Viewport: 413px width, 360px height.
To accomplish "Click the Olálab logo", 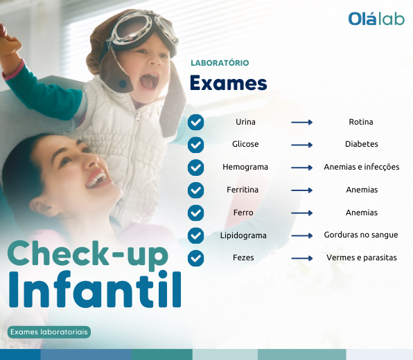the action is coord(376,19).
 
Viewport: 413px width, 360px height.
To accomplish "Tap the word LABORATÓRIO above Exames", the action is coord(220,63).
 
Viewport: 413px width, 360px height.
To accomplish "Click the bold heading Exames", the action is coord(229,83).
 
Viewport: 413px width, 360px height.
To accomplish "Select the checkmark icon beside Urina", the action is coord(195,122).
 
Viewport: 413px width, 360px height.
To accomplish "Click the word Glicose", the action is coord(245,144).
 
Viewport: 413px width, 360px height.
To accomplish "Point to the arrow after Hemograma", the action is coord(302,168).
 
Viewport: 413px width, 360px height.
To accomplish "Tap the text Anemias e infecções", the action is coord(362,167).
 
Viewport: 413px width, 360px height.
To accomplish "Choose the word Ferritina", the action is coord(243,190).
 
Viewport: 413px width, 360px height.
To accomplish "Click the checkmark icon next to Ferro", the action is coord(195,213).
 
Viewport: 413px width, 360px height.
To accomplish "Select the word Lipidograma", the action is coord(243,235).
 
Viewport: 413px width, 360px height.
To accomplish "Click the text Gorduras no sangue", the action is coord(361,235).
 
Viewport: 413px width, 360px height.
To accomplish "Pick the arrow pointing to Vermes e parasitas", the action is coord(302,258).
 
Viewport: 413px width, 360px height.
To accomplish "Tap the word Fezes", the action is coord(243,258).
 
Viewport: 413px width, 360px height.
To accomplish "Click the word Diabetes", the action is coord(362,144).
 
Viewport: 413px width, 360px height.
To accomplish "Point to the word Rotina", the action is coord(361,122).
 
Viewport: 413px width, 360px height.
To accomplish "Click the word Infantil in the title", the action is coord(96,289).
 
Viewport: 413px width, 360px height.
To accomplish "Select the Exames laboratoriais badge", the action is coord(49,332).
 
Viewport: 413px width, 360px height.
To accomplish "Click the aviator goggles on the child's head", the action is coord(142,30).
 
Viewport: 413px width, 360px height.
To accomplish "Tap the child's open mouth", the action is coord(150,81).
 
